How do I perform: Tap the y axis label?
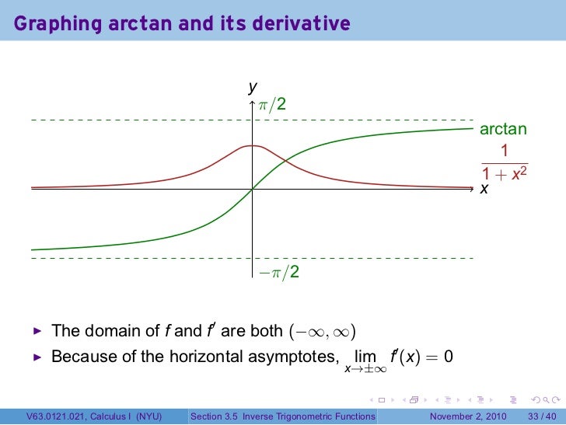click(252, 88)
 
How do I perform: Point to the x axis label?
click(484, 189)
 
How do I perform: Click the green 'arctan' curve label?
click(503, 129)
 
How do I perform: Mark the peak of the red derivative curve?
click(253, 145)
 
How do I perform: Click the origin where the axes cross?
click(253, 189)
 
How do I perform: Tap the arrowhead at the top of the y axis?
click(253, 100)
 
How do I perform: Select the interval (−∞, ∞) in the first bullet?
click(321, 332)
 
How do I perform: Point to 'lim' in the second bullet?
click(365, 357)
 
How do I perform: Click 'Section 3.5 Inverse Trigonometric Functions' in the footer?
click(283, 416)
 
